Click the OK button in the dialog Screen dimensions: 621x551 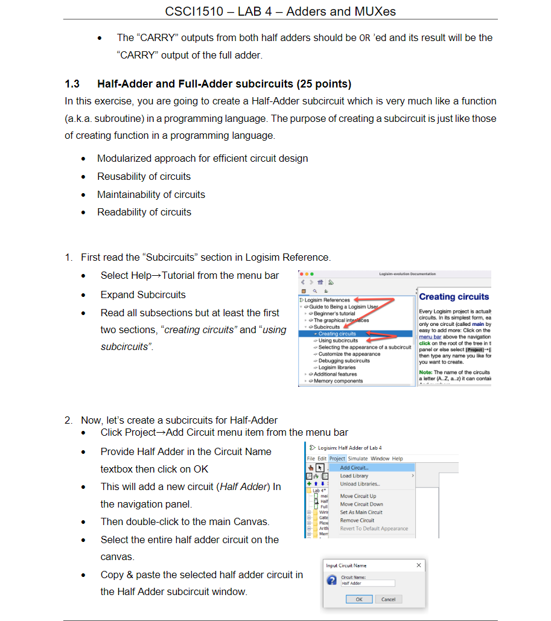tap(359, 599)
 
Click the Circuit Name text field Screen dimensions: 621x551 tap(368, 583)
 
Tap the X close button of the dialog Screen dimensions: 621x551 tap(419, 565)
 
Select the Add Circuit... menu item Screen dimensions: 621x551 tap(354, 468)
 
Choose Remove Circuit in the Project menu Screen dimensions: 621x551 tap(357, 520)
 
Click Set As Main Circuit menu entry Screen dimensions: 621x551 tap(361, 512)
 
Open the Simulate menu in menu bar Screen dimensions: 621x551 tap(358, 459)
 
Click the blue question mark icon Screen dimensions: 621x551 tap(331, 580)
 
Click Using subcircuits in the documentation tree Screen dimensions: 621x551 tap(338, 340)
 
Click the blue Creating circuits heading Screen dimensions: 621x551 tap(454, 297)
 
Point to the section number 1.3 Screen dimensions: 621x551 tap(72, 84)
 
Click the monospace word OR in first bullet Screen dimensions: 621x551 tap(365, 38)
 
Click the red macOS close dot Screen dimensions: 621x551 tap(301, 274)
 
